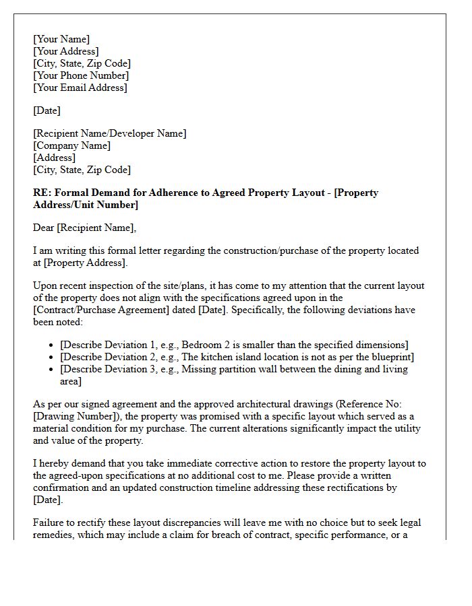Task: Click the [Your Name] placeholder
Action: (x=61, y=39)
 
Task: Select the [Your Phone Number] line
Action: (x=81, y=75)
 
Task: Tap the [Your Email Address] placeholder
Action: (x=80, y=88)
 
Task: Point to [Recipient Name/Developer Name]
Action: (x=109, y=133)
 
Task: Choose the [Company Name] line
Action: (x=71, y=145)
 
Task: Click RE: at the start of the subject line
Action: (x=42, y=193)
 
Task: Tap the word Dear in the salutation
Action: (x=45, y=228)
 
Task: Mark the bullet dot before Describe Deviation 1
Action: (x=52, y=345)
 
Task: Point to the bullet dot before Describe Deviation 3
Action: (x=52, y=370)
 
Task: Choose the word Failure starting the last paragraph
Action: (x=50, y=523)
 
